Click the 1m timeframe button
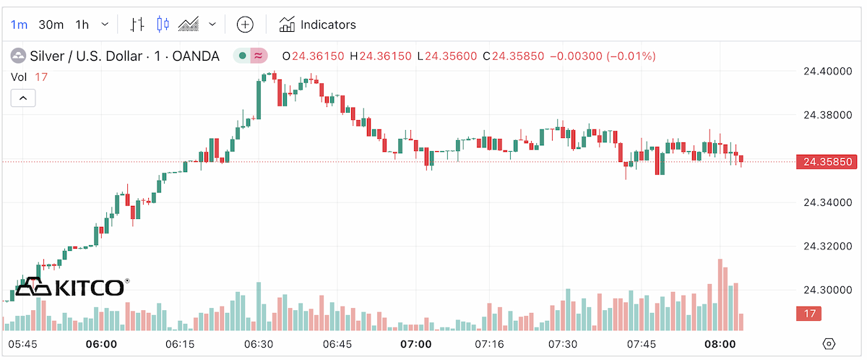19,25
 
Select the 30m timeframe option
51,25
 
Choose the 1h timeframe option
82,25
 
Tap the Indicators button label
328,25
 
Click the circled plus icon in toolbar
245,25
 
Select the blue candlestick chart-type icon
163,25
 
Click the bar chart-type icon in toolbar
137,25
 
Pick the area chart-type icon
189,25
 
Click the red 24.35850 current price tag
827,162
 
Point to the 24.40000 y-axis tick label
828,72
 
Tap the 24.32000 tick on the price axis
828,247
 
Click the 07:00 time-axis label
416,344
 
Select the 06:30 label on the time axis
259,344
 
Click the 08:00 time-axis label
720,344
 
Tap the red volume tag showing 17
808,314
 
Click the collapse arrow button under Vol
23,98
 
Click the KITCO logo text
90,288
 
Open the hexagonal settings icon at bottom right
829,344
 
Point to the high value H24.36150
381,56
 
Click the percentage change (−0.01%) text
631,56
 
